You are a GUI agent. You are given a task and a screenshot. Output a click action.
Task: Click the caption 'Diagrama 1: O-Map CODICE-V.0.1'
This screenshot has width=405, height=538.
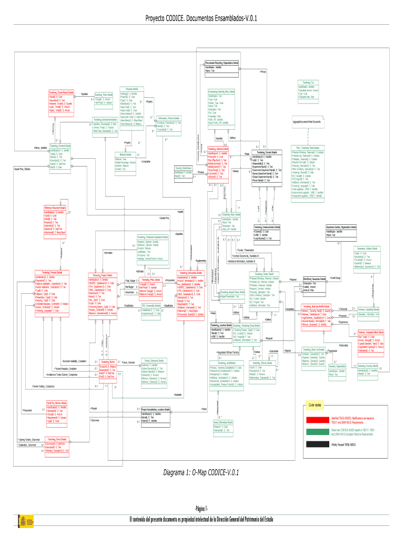(202, 472)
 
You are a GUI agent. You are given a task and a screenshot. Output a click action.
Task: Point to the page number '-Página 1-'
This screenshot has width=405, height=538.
(202, 509)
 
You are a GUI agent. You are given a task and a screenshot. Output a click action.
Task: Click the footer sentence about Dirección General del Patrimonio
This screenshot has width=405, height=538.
(202, 519)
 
